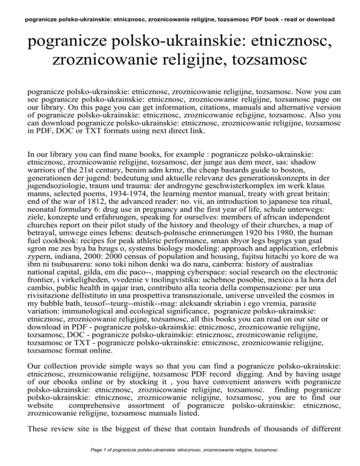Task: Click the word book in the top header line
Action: tap(269, 20)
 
